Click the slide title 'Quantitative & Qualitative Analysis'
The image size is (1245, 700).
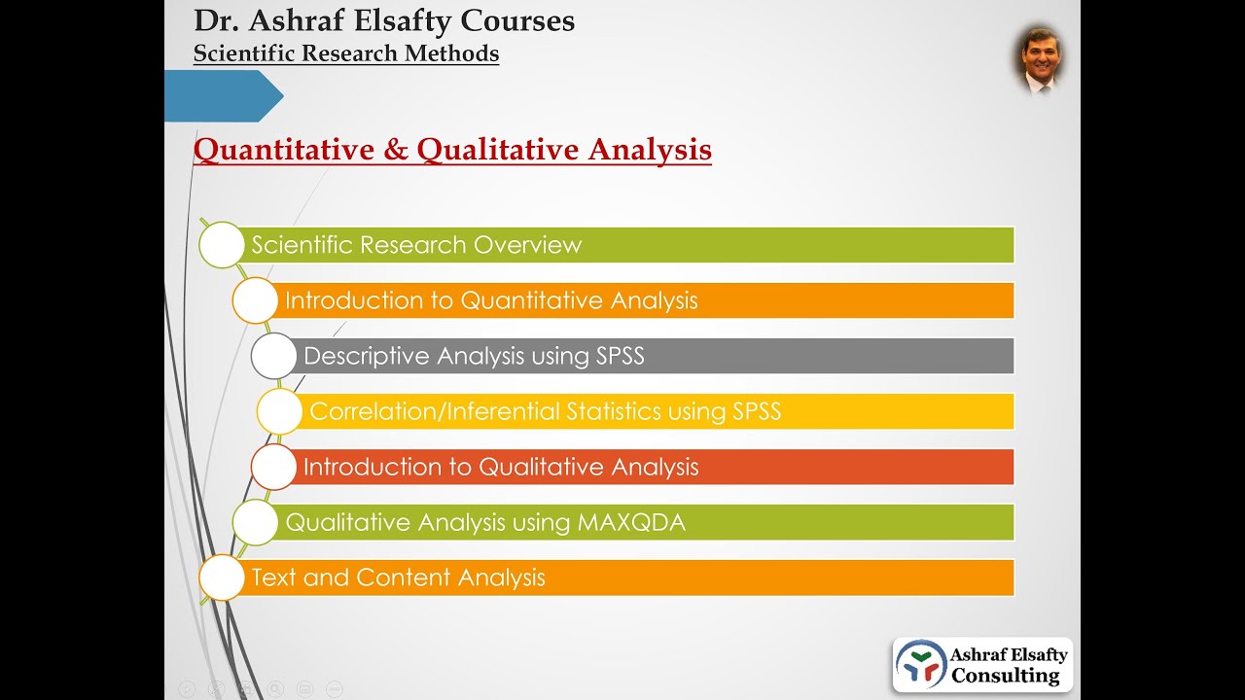pyautogui.click(x=452, y=150)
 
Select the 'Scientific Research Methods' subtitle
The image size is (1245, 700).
pyautogui.click(x=346, y=53)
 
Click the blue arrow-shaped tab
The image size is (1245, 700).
pyautogui.click(x=223, y=96)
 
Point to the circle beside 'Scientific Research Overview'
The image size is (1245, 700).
pyautogui.click(x=222, y=245)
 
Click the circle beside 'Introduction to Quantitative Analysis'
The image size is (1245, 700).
pyautogui.click(x=255, y=300)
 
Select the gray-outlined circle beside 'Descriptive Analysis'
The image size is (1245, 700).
pyautogui.click(x=273, y=356)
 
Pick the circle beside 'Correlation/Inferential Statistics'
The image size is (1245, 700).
pyautogui.click(x=279, y=411)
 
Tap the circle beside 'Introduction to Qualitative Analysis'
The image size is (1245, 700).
pyautogui.click(x=273, y=467)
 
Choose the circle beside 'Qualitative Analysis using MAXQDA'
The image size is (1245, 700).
pyautogui.click(x=255, y=522)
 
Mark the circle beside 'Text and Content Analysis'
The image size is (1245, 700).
pyautogui.click(x=222, y=577)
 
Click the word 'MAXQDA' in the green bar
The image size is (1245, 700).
pyautogui.click(x=631, y=523)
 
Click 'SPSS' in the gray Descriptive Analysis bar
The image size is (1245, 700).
pyautogui.click(x=620, y=357)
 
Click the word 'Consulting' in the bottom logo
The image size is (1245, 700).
pyautogui.click(x=1005, y=675)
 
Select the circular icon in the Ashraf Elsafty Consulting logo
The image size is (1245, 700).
pyautogui.click(x=920, y=664)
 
